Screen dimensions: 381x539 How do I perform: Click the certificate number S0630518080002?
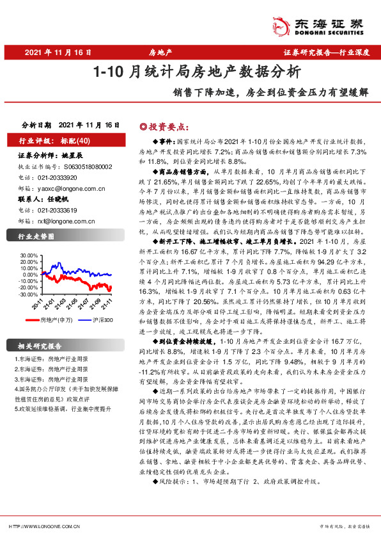point(87,166)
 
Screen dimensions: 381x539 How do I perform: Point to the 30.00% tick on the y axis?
point(29,255)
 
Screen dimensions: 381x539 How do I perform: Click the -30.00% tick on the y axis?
point(29,295)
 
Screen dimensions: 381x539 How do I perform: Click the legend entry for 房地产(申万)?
point(54,319)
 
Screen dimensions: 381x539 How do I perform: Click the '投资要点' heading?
point(156,127)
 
